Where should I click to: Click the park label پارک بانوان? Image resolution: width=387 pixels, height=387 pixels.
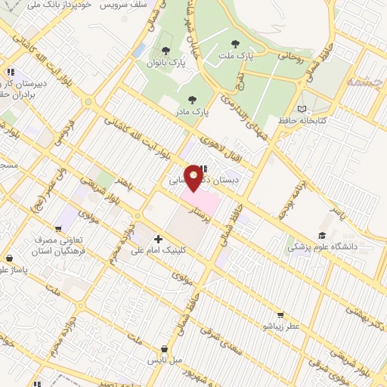click(x=166, y=63)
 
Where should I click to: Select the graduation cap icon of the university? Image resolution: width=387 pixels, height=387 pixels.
click(x=322, y=235)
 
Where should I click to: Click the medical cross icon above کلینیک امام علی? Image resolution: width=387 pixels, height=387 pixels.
click(x=157, y=239)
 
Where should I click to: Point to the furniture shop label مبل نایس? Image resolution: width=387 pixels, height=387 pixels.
click(x=166, y=360)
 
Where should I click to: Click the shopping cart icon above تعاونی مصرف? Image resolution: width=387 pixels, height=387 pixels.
click(x=58, y=228)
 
